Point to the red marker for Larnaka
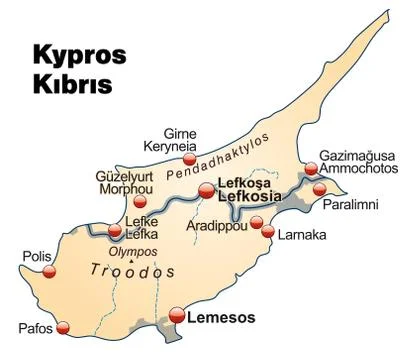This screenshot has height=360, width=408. point(267,232)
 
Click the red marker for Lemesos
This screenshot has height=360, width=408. point(178,316)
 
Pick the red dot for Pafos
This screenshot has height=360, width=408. point(65,327)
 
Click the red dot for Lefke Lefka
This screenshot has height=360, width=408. point(114,232)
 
